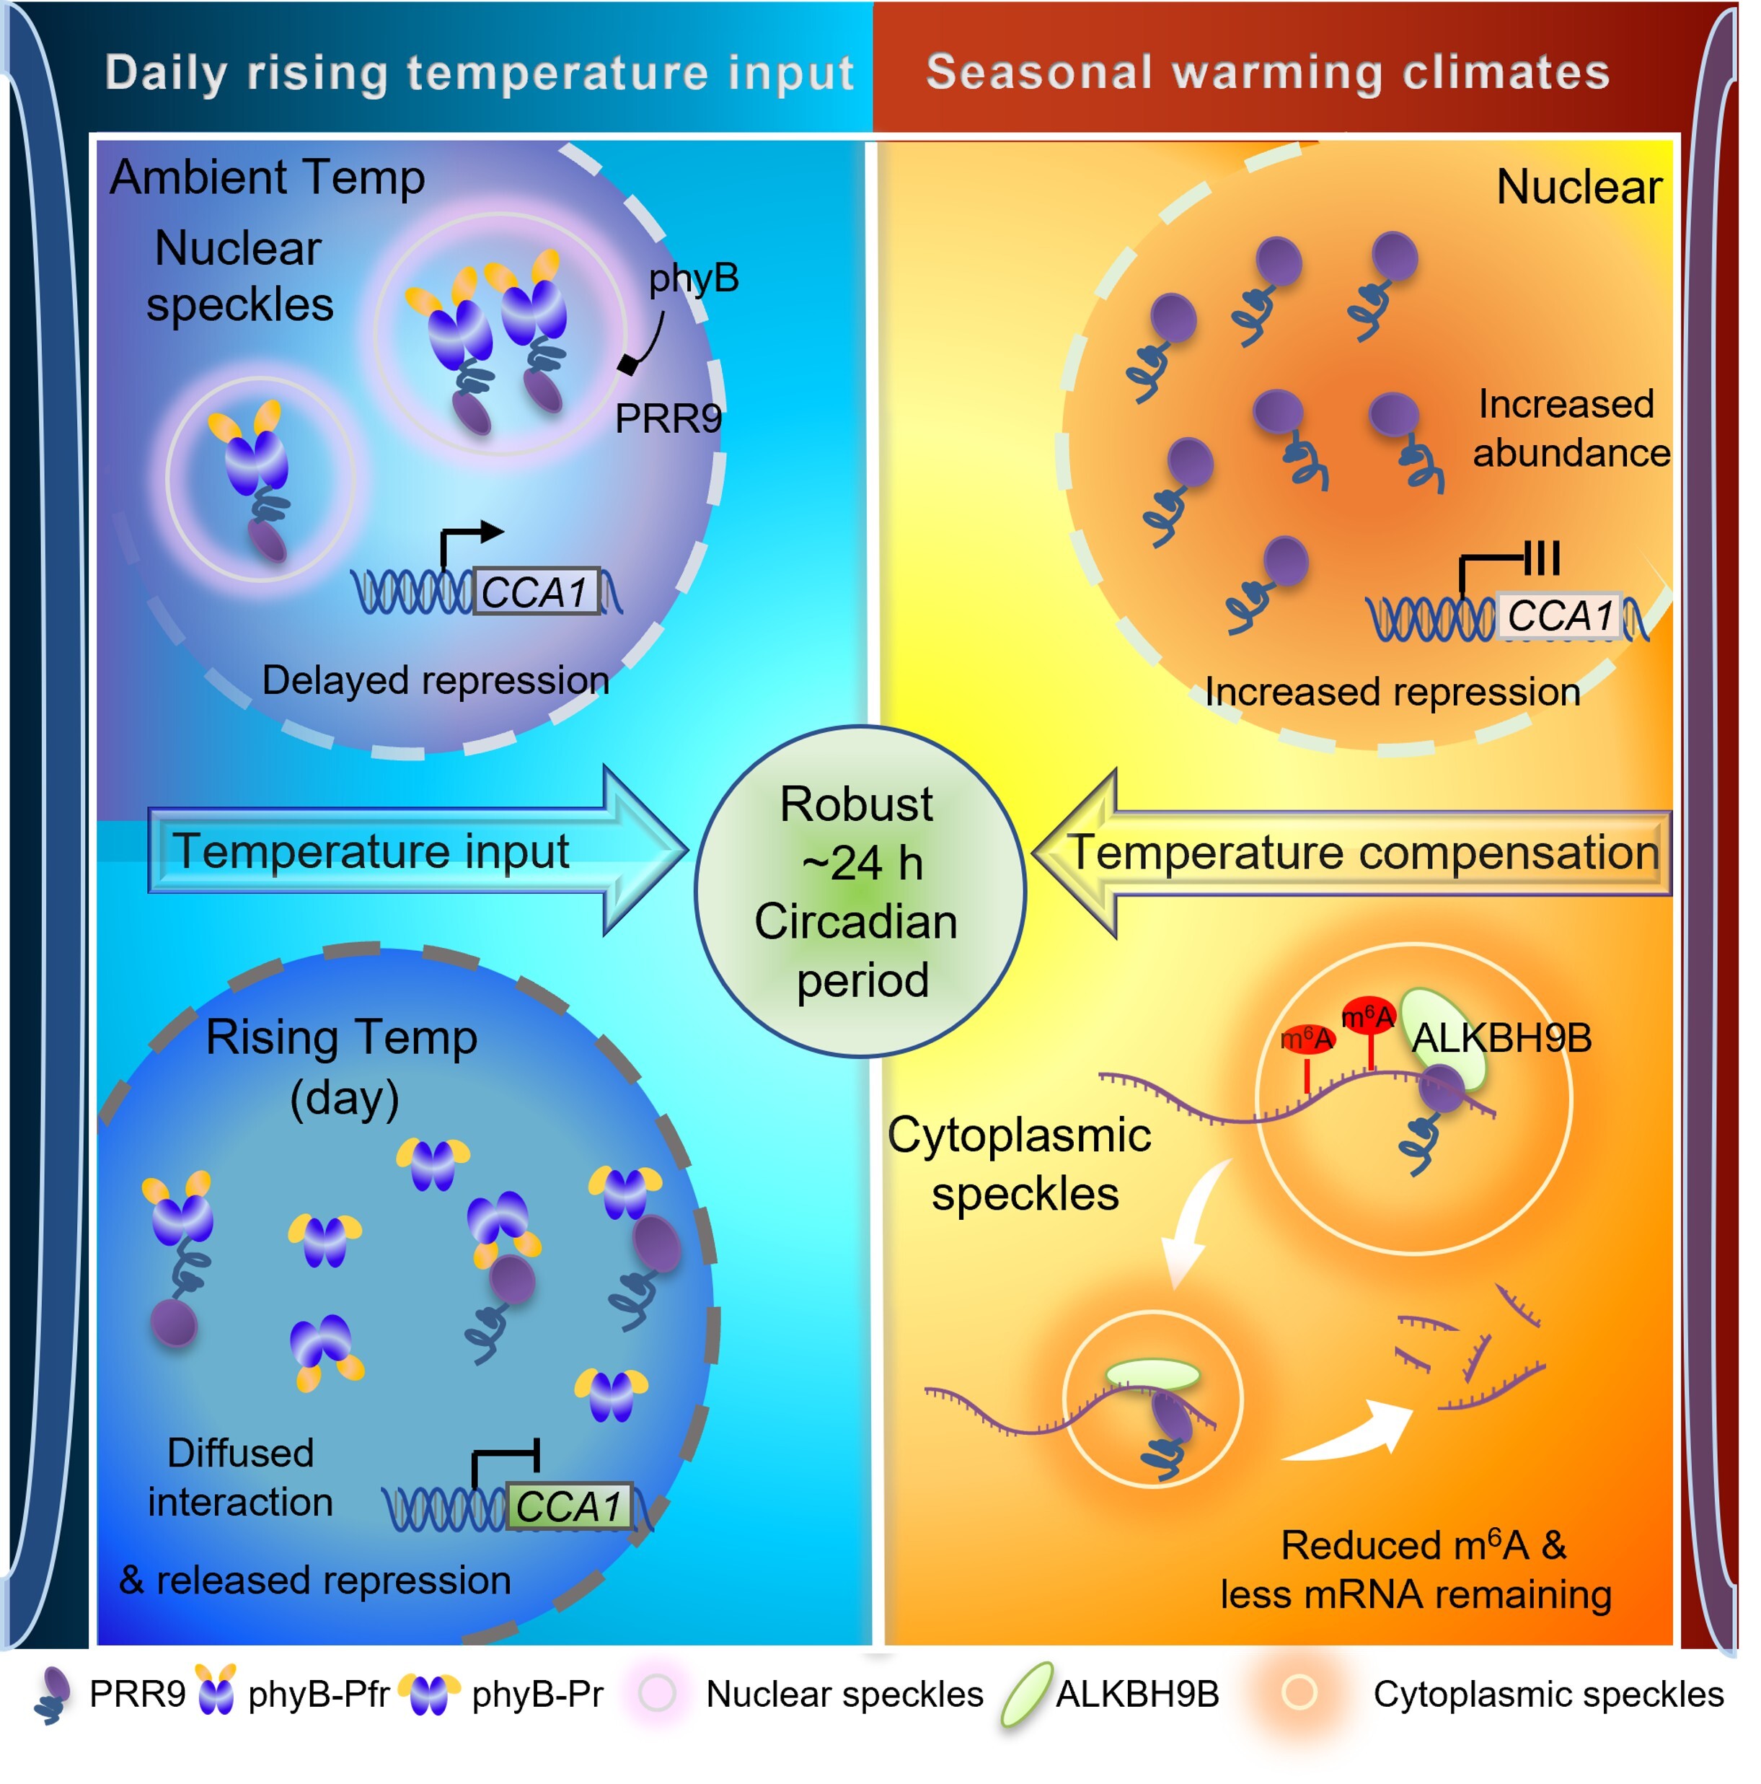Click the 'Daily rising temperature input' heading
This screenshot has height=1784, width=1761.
tap(479, 73)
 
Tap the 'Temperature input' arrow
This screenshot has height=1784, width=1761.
tap(418, 851)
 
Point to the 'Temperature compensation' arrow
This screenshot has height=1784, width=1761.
tap(1351, 852)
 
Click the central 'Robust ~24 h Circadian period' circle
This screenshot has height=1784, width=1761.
tap(860, 891)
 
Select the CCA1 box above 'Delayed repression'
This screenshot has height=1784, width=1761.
tap(537, 591)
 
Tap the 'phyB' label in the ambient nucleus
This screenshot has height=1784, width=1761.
tap(693, 278)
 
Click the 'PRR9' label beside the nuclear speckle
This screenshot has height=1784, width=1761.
tap(668, 419)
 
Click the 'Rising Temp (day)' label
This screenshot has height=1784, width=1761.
tap(343, 1066)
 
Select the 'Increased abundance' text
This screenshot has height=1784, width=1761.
tap(1570, 429)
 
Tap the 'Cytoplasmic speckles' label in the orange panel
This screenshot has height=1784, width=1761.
tap(1020, 1164)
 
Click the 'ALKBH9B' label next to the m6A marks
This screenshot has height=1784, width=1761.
tap(1501, 1038)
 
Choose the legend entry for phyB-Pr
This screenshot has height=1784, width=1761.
tap(501, 1695)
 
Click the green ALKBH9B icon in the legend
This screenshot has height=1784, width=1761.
tap(1026, 1695)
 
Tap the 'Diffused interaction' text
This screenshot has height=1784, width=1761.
tap(240, 1477)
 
